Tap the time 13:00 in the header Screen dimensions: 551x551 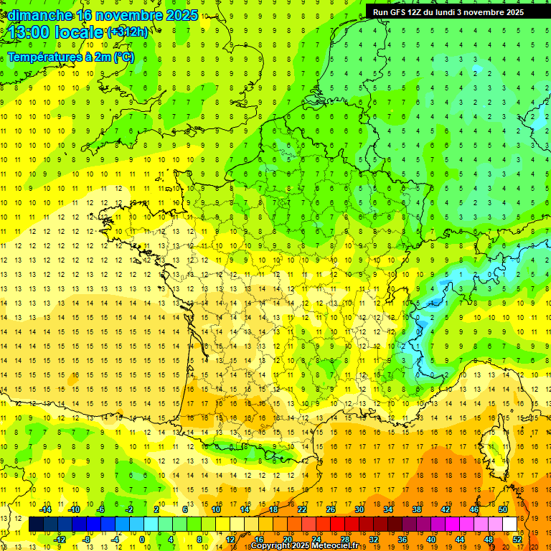click(x=31, y=32)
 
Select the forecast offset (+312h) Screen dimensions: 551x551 click(x=128, y=32)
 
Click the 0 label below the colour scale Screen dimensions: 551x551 click(x=142, y=540)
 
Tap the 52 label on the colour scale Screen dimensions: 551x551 click(x=517, y=540)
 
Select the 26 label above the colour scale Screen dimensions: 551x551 click(x=331, y=509)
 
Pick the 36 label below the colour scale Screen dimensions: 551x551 click(x=402, y=540)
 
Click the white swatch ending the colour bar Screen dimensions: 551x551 click(x=509, y=524)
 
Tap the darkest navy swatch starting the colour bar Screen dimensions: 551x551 click(x=36, y=524)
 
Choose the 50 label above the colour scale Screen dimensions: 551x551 click(x=502, y=509)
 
